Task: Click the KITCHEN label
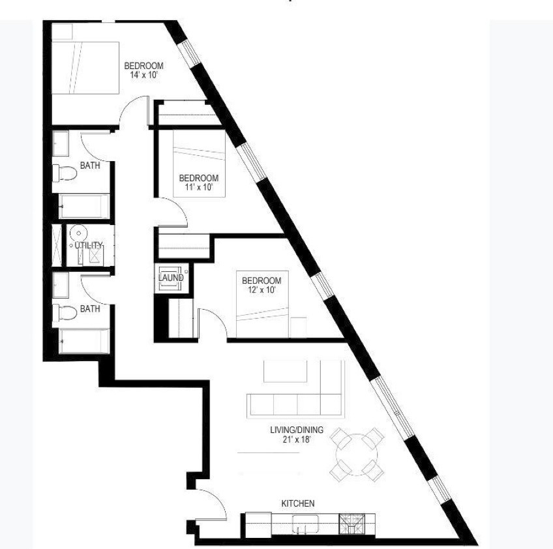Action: pos(297,503)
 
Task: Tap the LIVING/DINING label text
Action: pos(297,430)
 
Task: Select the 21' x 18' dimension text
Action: pos(297,439)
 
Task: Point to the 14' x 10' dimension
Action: pos(143,75)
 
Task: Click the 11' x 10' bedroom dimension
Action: pos(198,187)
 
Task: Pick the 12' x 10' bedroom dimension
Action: pos(262,290)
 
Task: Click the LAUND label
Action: pos(171,278)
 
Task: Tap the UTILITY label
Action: pos(89,245)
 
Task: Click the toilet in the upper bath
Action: pos(65,173)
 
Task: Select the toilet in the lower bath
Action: pos(65,313)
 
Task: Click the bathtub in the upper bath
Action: pos(84,206)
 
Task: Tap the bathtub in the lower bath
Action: pos(84,341)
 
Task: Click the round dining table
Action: pos(357,454)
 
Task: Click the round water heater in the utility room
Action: pos(79,233)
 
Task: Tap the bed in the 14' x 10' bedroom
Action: pos(85,68)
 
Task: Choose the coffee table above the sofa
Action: pos(286,371)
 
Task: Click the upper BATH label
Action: pos(90,166)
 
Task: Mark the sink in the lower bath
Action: pos(60,285)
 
